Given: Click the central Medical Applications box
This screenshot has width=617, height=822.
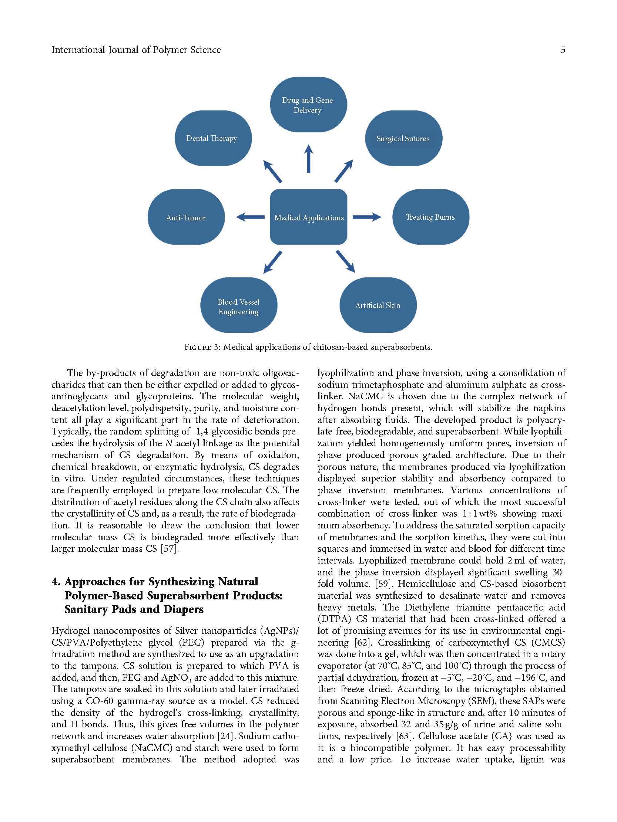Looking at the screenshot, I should [x=308, y=217].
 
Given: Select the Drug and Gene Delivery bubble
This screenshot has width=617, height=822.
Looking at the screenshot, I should [x=308, y=105].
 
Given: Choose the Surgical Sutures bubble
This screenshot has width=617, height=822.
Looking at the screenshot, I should [x=403, y=138].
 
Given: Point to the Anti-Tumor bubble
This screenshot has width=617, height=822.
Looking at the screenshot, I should [x=186, y=217].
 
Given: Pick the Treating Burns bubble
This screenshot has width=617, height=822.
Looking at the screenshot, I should [x=430, y=217].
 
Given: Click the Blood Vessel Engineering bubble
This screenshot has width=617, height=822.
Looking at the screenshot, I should [x=238, y=306].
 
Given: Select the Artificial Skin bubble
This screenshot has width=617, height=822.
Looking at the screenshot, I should [x=378, y=305].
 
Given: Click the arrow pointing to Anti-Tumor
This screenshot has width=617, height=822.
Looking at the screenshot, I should [x=250, y=217].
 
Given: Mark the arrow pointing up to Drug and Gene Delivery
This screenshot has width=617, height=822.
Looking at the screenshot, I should [x=308, y=159].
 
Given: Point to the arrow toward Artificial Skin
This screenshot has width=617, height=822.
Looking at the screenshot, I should [x=345, y=262].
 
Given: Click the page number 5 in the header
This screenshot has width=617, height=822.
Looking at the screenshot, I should [x=563, y=50].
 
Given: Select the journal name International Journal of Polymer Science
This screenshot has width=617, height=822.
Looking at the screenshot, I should [x=136, y=50].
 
